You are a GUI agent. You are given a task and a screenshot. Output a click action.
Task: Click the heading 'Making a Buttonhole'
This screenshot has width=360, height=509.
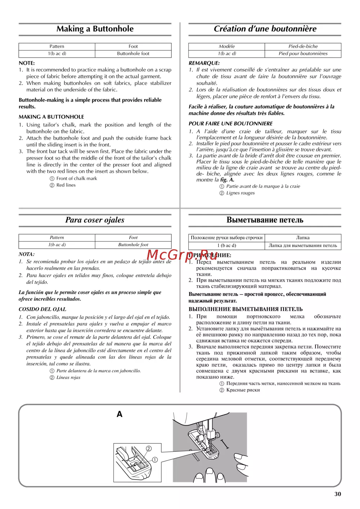tap(95, 29)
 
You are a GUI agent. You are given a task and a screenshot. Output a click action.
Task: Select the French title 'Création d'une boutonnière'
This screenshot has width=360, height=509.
tap(265, 29)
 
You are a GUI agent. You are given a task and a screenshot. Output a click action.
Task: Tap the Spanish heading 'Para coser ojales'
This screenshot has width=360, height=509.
tap(95, 220)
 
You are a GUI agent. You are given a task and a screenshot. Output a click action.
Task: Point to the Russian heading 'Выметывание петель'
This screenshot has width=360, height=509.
tap(265, 220)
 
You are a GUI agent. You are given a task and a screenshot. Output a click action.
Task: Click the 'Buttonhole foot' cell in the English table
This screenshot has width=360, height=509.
tap(133, 54)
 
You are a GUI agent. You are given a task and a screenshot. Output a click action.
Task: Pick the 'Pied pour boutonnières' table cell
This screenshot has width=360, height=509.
tap(303, 54)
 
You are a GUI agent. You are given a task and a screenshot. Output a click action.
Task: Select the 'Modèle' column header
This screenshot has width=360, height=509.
tap(227, 46)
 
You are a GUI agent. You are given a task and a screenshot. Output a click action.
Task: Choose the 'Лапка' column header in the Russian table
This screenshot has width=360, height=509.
tap(303, 238)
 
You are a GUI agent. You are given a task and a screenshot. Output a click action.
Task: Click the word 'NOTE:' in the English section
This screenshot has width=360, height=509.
tap(27, 63)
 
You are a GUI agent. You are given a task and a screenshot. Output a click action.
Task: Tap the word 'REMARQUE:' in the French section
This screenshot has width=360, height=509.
tap(204, 63)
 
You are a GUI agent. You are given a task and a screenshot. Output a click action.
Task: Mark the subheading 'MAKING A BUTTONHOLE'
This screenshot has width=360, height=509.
tap(51, 117)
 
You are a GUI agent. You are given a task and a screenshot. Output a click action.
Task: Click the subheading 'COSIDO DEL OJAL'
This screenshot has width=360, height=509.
tap(42, 309)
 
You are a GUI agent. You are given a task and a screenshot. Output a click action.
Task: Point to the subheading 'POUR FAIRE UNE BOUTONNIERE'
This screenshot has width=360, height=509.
tap(231, 123)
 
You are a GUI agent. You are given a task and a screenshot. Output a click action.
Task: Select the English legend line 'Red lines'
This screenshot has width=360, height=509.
tap(66, 185)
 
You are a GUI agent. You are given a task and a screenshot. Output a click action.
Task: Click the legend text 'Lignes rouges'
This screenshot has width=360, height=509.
tap(240, 193)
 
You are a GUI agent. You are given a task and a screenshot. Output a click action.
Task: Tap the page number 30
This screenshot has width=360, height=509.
tap(338, 494)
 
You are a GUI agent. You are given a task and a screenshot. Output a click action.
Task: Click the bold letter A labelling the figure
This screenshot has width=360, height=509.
tap(120, 414)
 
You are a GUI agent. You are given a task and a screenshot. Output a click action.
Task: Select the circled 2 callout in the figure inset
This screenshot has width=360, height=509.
tap(149, 449)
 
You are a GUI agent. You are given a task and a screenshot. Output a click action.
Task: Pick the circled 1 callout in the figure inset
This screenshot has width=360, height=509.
tap(155, 460)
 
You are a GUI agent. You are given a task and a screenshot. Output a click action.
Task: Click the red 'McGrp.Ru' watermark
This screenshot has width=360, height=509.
tap(182, 255)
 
